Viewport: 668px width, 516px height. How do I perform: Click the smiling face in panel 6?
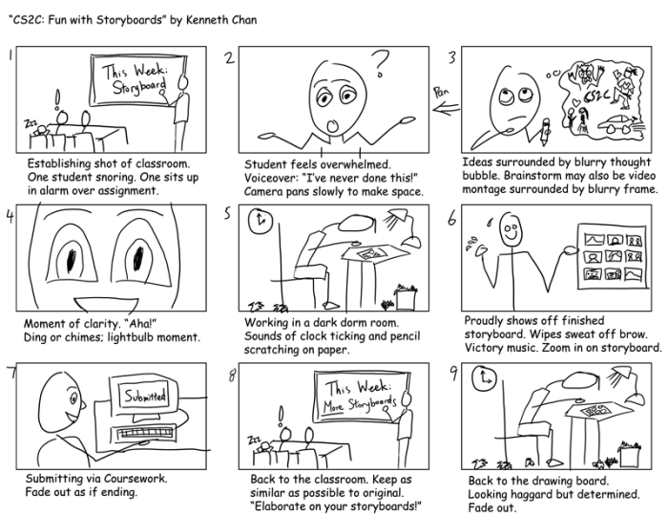coord(511,230)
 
